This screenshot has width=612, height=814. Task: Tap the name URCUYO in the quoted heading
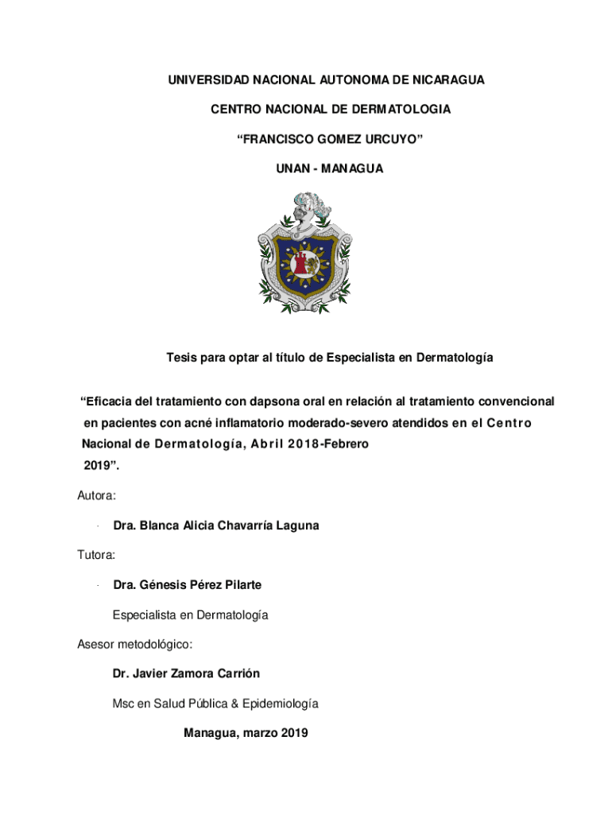(x=387, y=139)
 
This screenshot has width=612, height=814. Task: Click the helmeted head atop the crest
(x=305, y=208)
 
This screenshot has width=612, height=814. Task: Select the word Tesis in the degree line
(x=182, y=358)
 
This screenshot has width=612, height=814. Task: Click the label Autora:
(x=97, y=495)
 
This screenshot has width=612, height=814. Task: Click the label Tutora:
(x=96, y=555)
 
